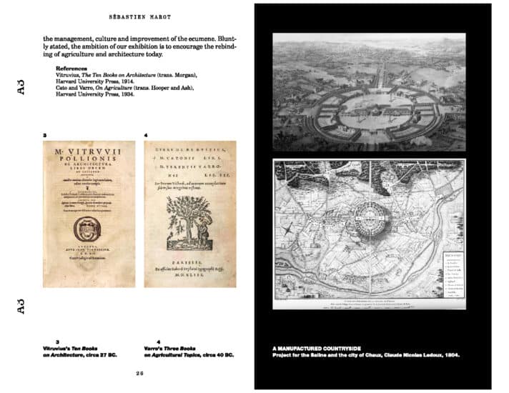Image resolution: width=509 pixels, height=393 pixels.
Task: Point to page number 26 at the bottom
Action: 140,373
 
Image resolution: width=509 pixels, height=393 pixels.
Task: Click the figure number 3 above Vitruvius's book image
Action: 46,134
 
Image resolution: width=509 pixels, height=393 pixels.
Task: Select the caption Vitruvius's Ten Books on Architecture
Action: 77,351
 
